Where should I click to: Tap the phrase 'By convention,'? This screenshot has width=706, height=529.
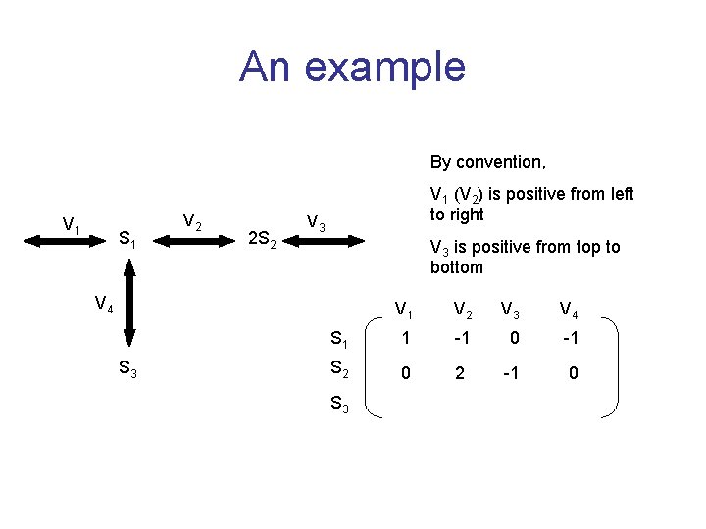(x=487, y=161)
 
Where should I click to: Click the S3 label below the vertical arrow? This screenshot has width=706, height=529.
(x=127, y=369)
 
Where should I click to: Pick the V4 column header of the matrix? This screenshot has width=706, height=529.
(x=569, y=311)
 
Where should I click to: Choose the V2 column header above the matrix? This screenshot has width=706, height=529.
(x=460, y=311)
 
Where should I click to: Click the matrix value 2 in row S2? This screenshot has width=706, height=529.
(x=459, y=373)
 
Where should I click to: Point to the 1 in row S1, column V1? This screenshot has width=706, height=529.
(x=404, y=339)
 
